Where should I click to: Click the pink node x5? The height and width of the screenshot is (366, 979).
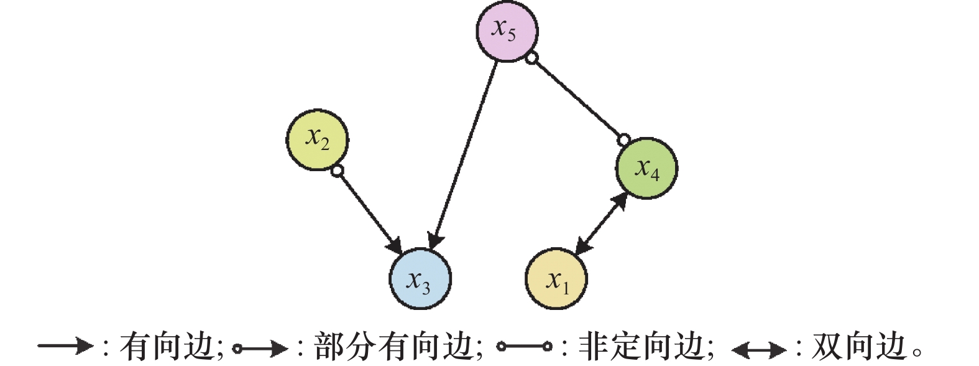507,31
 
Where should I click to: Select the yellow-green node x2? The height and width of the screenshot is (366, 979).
317,139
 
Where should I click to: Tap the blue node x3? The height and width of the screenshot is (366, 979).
420,278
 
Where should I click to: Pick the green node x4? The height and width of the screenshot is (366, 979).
646,168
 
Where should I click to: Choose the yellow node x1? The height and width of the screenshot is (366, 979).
556,279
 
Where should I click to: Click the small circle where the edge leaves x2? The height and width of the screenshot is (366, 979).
337,171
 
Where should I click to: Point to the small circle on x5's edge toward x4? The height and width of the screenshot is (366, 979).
531,59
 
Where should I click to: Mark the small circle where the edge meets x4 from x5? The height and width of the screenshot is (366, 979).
624,139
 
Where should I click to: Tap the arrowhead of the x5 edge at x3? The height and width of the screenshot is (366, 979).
435,240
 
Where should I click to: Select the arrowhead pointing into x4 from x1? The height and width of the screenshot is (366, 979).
622,200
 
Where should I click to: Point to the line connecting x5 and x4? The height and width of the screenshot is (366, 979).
578,100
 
